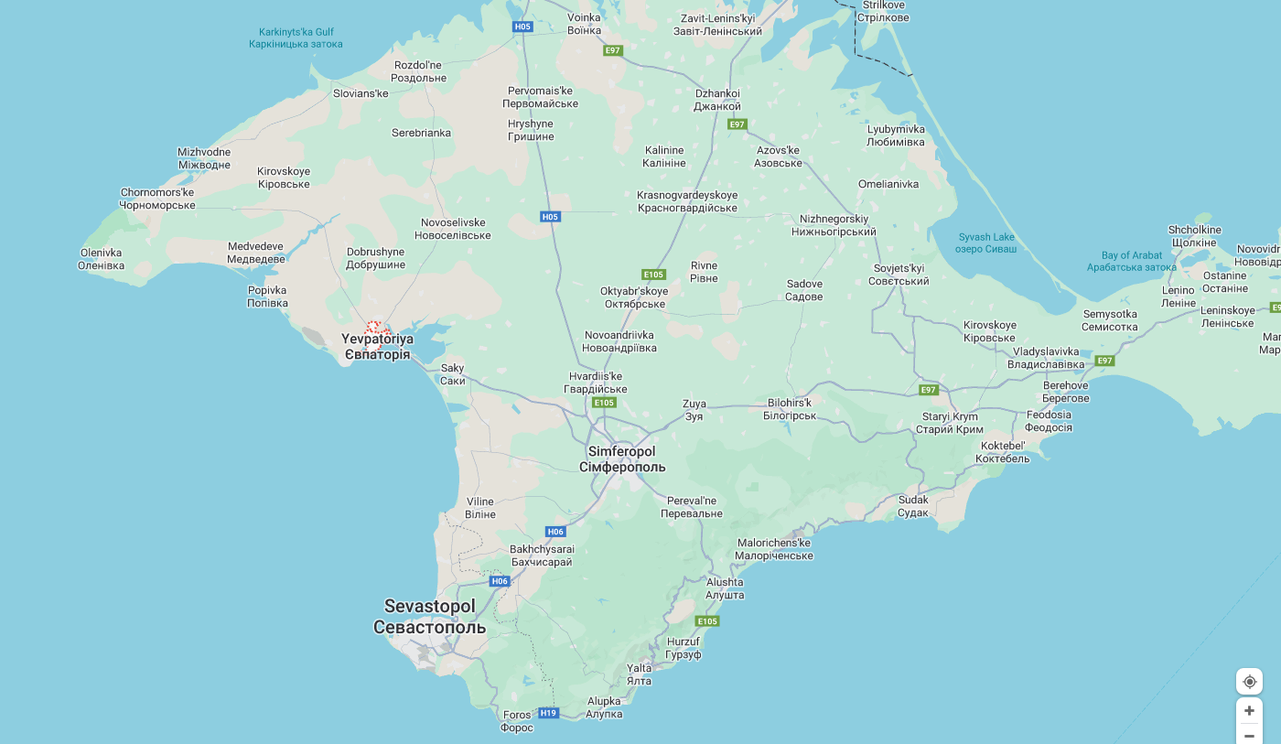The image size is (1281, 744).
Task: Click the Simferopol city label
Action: (622, 459)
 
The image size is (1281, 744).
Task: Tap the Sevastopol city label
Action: (429, 617)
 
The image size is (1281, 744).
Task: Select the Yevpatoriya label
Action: (377, 346)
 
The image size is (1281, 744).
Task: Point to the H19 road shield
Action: (548, 713)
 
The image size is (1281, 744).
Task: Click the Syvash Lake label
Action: (985, 243)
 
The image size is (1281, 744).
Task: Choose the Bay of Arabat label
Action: (1132, 262)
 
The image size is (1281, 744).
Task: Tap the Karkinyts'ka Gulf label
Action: (296, 38)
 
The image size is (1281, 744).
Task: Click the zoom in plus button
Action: (1249, 710)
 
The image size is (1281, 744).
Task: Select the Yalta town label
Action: (639, 674)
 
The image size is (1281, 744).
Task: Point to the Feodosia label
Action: (1049, 421)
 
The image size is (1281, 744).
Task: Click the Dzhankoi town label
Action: (717, 100)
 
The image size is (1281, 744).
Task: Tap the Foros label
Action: (517, 721)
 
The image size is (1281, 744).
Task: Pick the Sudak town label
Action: (913, 506)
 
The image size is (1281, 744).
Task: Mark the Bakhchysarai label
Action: (541, 555)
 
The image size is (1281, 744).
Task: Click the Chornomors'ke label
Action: (157, 199)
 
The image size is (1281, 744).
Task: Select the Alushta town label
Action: (725, 588)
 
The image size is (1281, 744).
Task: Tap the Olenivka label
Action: (101, 259)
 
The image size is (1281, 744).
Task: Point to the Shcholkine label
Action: (1194, 236)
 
